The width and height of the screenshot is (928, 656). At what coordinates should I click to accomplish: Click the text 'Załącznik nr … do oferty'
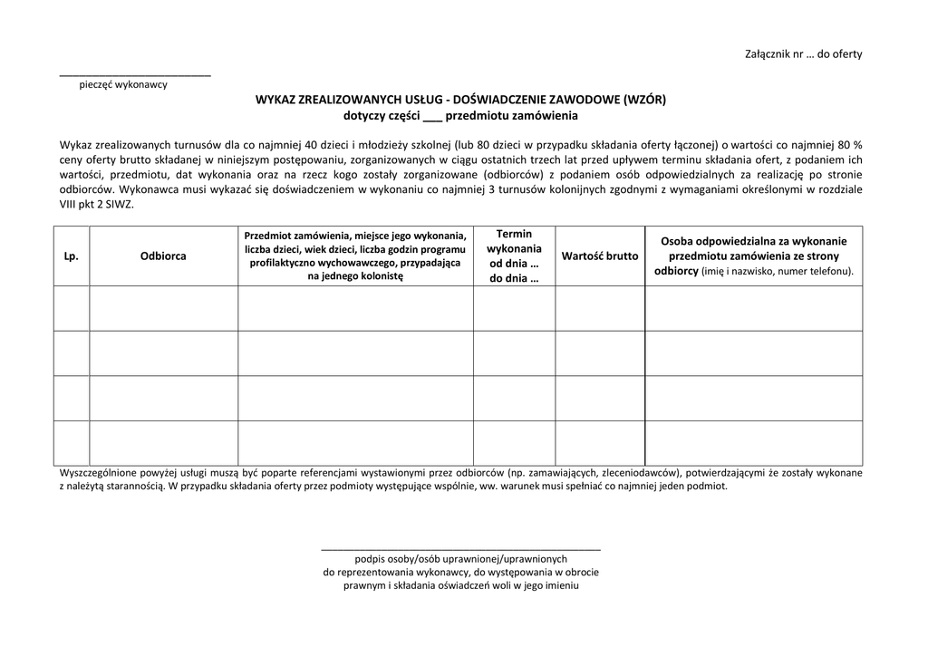pos(803,53)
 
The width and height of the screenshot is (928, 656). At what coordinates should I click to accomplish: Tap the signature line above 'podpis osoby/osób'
pos(460,549)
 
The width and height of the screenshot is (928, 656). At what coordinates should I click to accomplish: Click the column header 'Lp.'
pos(72,256)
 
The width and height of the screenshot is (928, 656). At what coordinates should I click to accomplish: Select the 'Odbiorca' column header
pos(163,256)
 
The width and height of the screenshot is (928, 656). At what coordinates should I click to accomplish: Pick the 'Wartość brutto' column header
pos(599,256)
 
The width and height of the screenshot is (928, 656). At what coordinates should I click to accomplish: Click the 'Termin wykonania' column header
pos(514,256)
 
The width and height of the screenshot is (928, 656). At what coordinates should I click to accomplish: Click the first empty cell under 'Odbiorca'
pos(163,308)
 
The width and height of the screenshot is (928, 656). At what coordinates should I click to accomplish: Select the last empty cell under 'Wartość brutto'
pos(599,443)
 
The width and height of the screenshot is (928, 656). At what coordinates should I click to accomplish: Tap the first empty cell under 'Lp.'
pos(72,308)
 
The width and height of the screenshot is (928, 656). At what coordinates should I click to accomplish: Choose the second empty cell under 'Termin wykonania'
pos(514,353)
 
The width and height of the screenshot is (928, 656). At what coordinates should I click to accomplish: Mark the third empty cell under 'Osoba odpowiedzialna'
pos(753,398)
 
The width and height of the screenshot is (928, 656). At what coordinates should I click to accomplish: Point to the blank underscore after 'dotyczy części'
pos(433,116)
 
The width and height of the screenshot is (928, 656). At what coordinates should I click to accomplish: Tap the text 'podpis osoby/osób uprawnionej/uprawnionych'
pos(460,559)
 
